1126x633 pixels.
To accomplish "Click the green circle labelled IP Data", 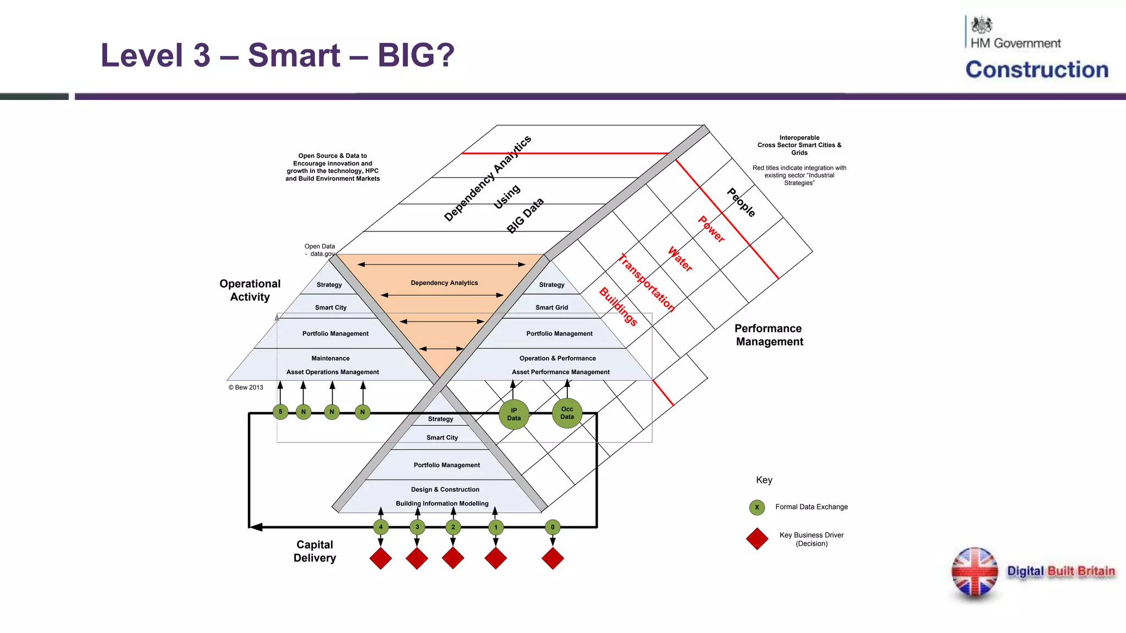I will click(514, 414).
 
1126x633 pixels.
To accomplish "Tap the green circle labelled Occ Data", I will click(567, 413).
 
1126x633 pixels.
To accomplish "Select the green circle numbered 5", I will click(280, 412).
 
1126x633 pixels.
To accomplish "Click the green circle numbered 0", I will click(553, 527).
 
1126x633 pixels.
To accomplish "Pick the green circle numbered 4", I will click(380, 527).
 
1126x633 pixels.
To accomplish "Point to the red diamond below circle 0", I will click(553, 558).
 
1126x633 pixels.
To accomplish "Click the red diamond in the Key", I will click(757, 539).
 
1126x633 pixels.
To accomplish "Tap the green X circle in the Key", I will click(757, 507).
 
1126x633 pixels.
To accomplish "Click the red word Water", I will click(680, 259).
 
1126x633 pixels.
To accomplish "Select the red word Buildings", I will click(618, 307).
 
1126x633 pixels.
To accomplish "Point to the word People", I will click(741, 203).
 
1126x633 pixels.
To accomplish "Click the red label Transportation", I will click(647, 283).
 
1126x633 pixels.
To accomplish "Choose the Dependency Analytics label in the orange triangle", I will click(444, 283).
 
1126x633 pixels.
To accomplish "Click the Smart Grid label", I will click(551, 308).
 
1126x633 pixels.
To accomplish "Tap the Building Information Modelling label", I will click(442, 503).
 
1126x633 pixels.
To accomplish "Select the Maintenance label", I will click(330, 358).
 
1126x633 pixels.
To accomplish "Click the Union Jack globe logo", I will click(974, 572).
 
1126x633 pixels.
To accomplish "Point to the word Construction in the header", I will click(1037, 70).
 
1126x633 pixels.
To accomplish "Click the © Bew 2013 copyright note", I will click(246, 387).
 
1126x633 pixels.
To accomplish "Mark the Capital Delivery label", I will click(314, 551).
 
